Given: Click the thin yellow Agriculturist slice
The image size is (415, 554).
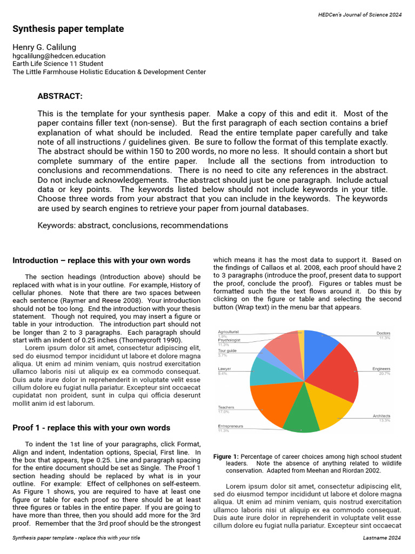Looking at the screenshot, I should (302, 338).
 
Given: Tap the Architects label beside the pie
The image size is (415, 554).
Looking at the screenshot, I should (381, 415).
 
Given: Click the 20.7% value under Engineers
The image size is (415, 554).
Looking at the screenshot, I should (384, 374).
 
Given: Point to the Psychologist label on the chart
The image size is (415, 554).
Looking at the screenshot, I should (229, 340).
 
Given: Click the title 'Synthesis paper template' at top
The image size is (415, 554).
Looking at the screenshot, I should (68, 29).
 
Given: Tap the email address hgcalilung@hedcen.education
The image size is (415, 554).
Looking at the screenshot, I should (59, 56).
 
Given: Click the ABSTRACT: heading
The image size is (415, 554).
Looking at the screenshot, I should (60, 96).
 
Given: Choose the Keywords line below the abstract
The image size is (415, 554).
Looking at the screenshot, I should (132, 225).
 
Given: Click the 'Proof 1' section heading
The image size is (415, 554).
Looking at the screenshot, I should (91, 427).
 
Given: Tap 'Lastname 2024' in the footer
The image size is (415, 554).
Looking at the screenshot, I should (382, 538).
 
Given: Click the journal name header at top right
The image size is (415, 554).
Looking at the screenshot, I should (359, 15).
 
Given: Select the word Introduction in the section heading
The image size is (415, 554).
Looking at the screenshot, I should (35, 260).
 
